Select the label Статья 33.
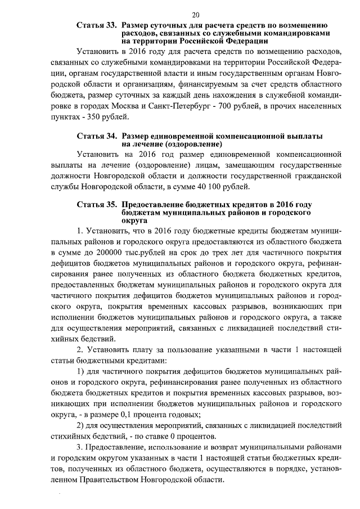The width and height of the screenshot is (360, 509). [96, 25]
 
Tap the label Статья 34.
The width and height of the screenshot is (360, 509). [96, 137]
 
